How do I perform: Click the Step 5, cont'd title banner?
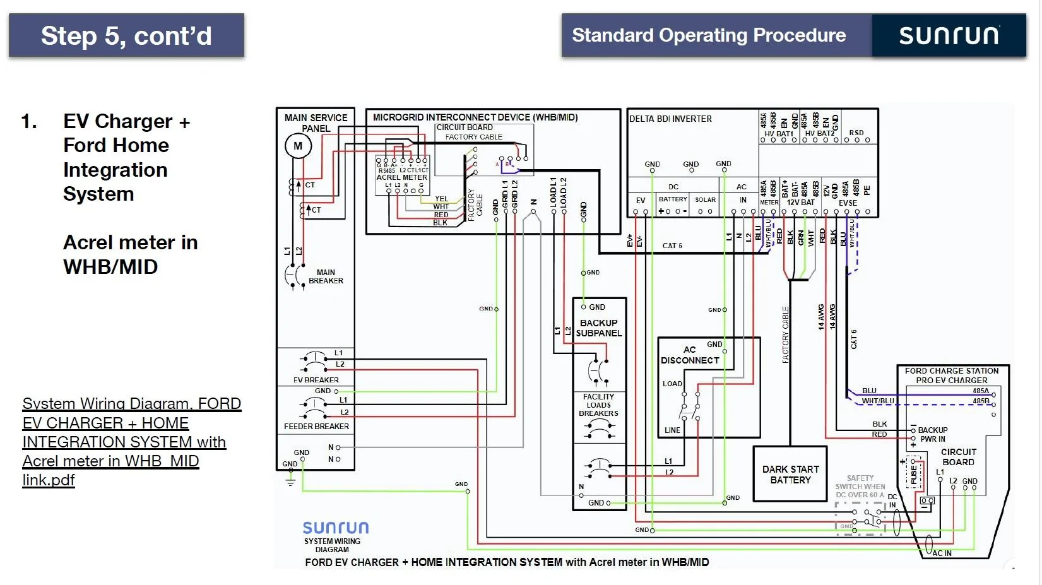[x=126, y=36]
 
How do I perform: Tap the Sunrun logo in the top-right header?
[x=949, y=36]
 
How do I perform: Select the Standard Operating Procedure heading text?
[x=709, y=35]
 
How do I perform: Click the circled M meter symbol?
[x=298, y=146]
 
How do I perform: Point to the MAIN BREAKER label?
[x=326, y=277]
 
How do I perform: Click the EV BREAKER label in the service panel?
[x=316, y=380]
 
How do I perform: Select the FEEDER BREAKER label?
[x=316, y=427]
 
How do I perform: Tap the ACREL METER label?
[x=401, y=177]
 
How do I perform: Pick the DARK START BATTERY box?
[x=790, y=475]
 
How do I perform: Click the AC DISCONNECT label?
[x=690, y=355]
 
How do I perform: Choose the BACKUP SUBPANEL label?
[x=598, y=328]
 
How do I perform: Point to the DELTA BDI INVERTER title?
[x=670, y=119]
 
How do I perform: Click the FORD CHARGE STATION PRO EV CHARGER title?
[x=952, y=375]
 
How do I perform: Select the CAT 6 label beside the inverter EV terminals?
[x=672, y=245]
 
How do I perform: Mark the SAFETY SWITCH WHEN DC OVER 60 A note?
[x=860, y=487]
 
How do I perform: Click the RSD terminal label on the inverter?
[x=856, y=133]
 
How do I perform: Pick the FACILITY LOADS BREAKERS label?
[x=598, y=405]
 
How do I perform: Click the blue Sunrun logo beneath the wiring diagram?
[x=335, y=528]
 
